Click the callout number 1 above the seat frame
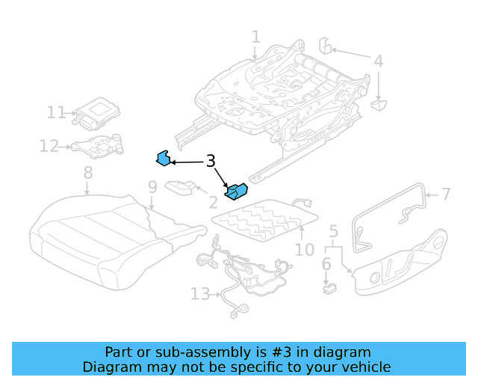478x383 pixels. tap(256, 37)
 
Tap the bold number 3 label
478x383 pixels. tap(211, 161)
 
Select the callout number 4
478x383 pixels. tap(379, 61)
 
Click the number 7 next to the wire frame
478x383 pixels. tap(446, 194)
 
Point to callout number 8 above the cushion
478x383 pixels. tap(88, 173)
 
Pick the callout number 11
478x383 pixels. tap(57, 113)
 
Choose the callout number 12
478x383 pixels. tap(49, 146)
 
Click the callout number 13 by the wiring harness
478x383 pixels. tap(200, 294)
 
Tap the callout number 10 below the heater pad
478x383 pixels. tap(305, 249)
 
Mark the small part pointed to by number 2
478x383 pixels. tap(181, 187)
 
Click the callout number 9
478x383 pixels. tap(152, 187)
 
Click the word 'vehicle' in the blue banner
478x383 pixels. tap(364, 367)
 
